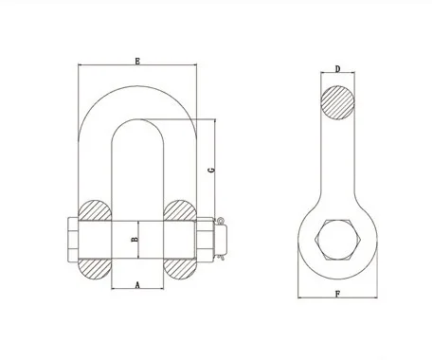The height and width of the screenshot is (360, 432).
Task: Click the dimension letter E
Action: tap(138, 62)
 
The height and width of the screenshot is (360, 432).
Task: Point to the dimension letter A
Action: tap(138, 283)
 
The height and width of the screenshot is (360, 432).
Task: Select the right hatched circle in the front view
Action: tap(180, 213)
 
